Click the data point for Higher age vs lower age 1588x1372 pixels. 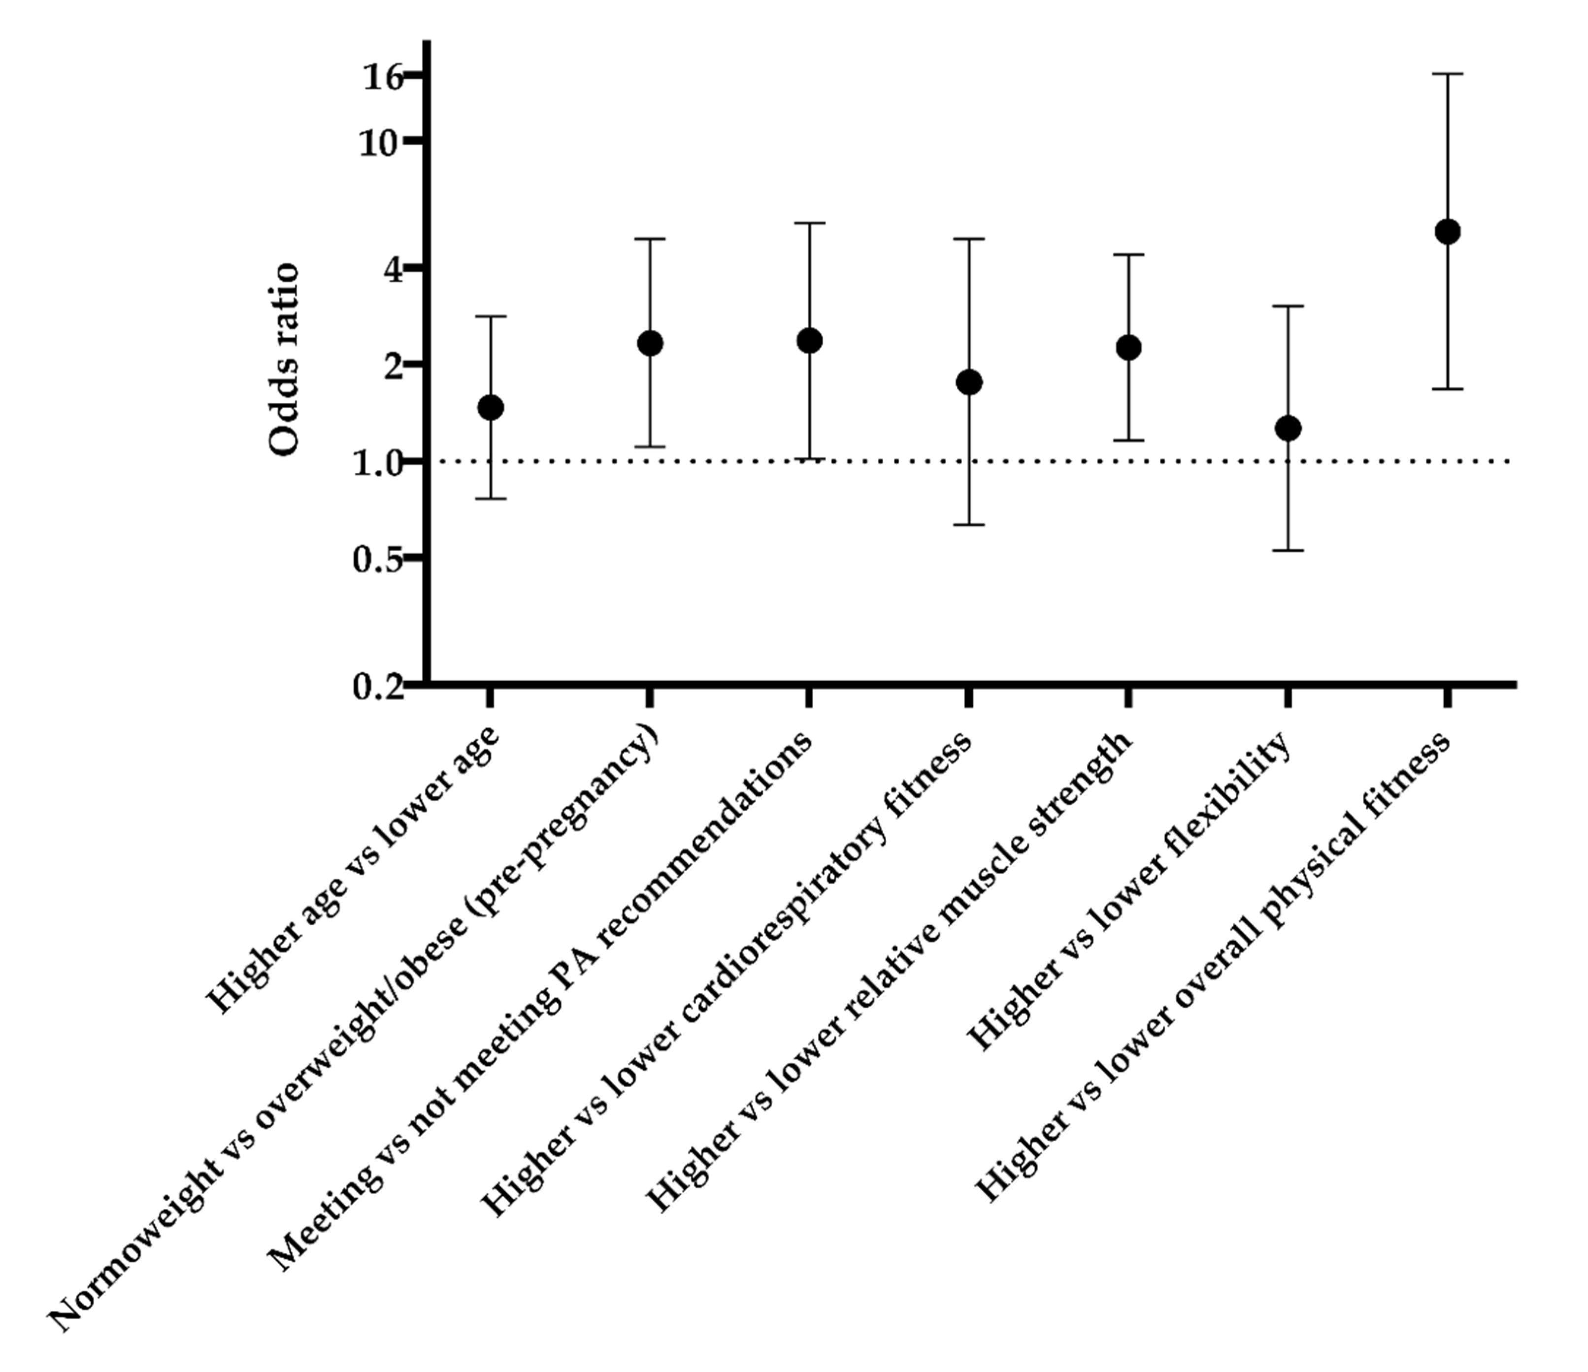[491, 408]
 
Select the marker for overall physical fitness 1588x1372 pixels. [1447, 231]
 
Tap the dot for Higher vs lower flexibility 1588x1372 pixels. [1288, 428]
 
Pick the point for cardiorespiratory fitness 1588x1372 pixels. [969, 382]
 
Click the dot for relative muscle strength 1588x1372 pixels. [1128, 348]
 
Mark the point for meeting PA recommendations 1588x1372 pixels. [809, 340]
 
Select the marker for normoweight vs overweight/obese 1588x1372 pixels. [650, 343]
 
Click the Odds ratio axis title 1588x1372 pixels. [285, 360]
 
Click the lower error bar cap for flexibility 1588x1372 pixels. [1288, 550]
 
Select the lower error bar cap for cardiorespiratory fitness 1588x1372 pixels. [969, 525]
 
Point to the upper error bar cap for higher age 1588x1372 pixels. [491, 316]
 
